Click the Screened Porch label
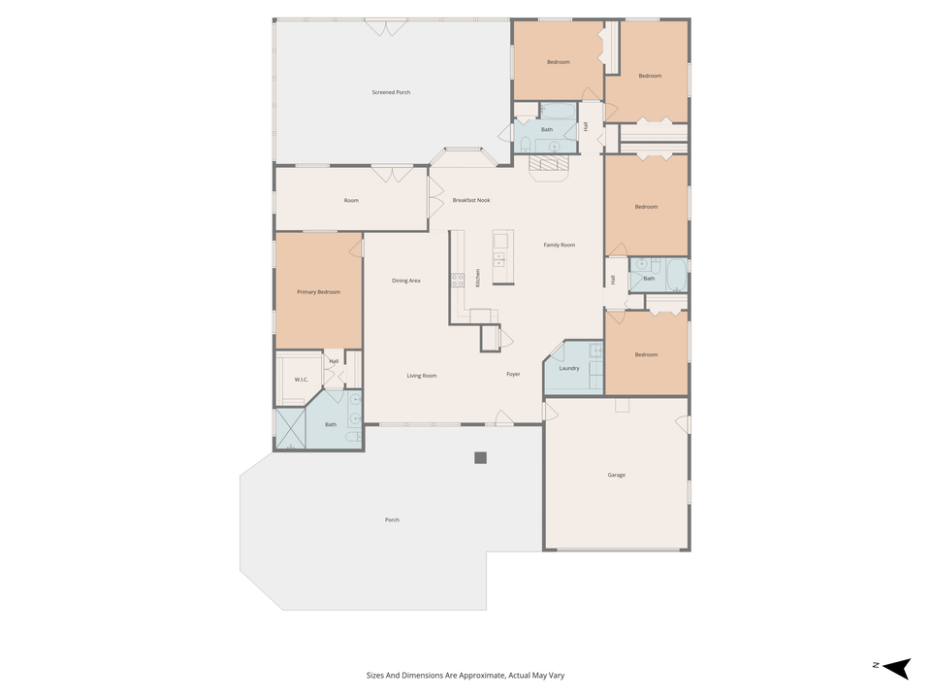coord(391,92)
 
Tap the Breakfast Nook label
coord(471,200)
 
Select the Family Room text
coord(559,245)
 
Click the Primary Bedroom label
coord(318,291)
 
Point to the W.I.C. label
coord(301,379)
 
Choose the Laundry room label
coord(569,368)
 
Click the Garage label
coord(616,475)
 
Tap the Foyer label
coord(513,374)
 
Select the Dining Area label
coord(405,281)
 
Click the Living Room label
coord(421,375)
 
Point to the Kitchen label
coord(478,278)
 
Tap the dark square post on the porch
coord(480,457)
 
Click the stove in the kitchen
coord(458,281)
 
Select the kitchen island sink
coord(500,259)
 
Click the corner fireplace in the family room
coord(550,166)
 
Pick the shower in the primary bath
coord(290,428)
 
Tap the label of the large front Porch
coord(392,519)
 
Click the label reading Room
coord(351,200)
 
